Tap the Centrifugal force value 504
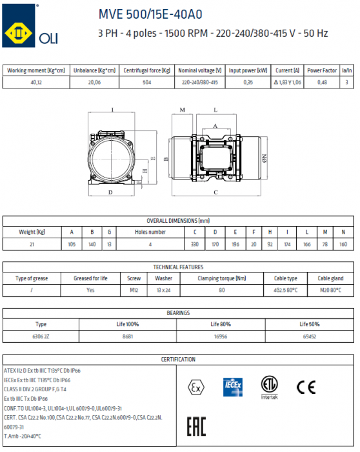coord(146,83)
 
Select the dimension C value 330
coord(195,243)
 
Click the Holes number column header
coord(150,232)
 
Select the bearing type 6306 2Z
coord(41,336)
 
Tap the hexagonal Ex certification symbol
coord(193,387)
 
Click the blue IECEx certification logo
coord(232,386)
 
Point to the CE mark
coord(305,387)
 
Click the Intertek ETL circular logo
coord(269,387)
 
